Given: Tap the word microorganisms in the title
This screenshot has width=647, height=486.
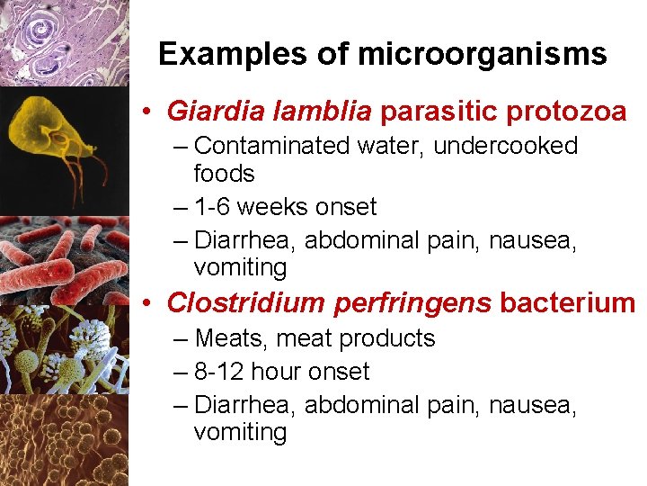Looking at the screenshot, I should click(483, 55).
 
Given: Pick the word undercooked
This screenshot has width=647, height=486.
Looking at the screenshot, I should click(505, 146).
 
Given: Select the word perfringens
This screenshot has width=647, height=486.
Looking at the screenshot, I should click(412, 303).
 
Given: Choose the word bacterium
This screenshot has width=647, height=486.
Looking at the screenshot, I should click(567, 303).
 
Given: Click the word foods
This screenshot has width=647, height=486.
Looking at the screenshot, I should click(224, 174).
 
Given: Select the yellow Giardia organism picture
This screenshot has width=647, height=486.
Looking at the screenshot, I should click(58, 135).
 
